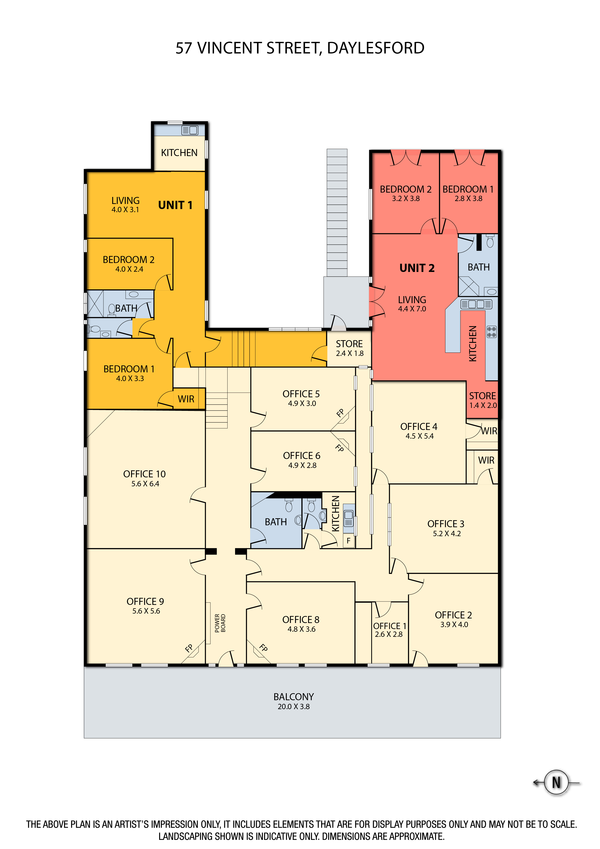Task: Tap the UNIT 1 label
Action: [175, 205]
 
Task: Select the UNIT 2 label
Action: [417, 268]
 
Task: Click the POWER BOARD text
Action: [220, 623]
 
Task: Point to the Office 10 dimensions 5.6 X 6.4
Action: [145, 484]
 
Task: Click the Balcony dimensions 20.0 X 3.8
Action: [294, 706]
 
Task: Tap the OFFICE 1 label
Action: [390, 626]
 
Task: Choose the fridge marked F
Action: [349, 541]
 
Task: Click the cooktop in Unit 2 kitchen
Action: [491, 332]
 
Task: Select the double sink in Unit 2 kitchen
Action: [476, 304]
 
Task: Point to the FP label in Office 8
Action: [263, 648]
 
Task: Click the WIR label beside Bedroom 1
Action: [186, 399]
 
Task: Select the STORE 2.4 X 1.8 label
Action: [349, 348]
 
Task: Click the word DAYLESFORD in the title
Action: [376, 48]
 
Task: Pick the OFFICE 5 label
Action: [301, 394]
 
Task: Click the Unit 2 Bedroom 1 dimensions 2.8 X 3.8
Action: [468, 199]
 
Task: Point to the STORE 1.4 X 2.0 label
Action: [483, 400]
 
